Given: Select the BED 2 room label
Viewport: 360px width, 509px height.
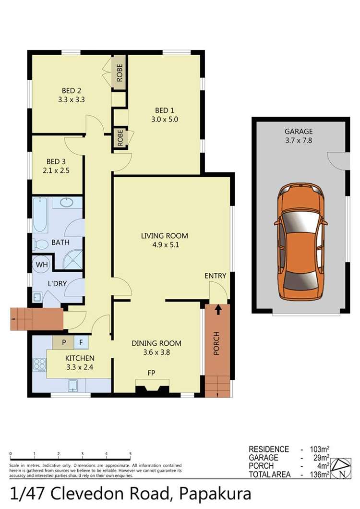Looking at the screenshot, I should click(x=71, y=91).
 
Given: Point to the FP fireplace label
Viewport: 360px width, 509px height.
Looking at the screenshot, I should click(x=152, y=373).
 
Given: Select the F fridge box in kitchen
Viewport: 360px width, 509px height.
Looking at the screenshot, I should click(x=81, y=343).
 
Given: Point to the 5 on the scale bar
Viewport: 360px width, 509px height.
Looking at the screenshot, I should click(x=130, y=453).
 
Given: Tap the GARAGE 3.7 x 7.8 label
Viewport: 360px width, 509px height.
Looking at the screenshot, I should click(x=298, y=135).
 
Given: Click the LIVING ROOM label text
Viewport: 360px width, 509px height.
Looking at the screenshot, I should click(x=164, y=236).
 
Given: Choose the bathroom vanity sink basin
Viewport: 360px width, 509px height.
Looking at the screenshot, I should click(x=66, y=203).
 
